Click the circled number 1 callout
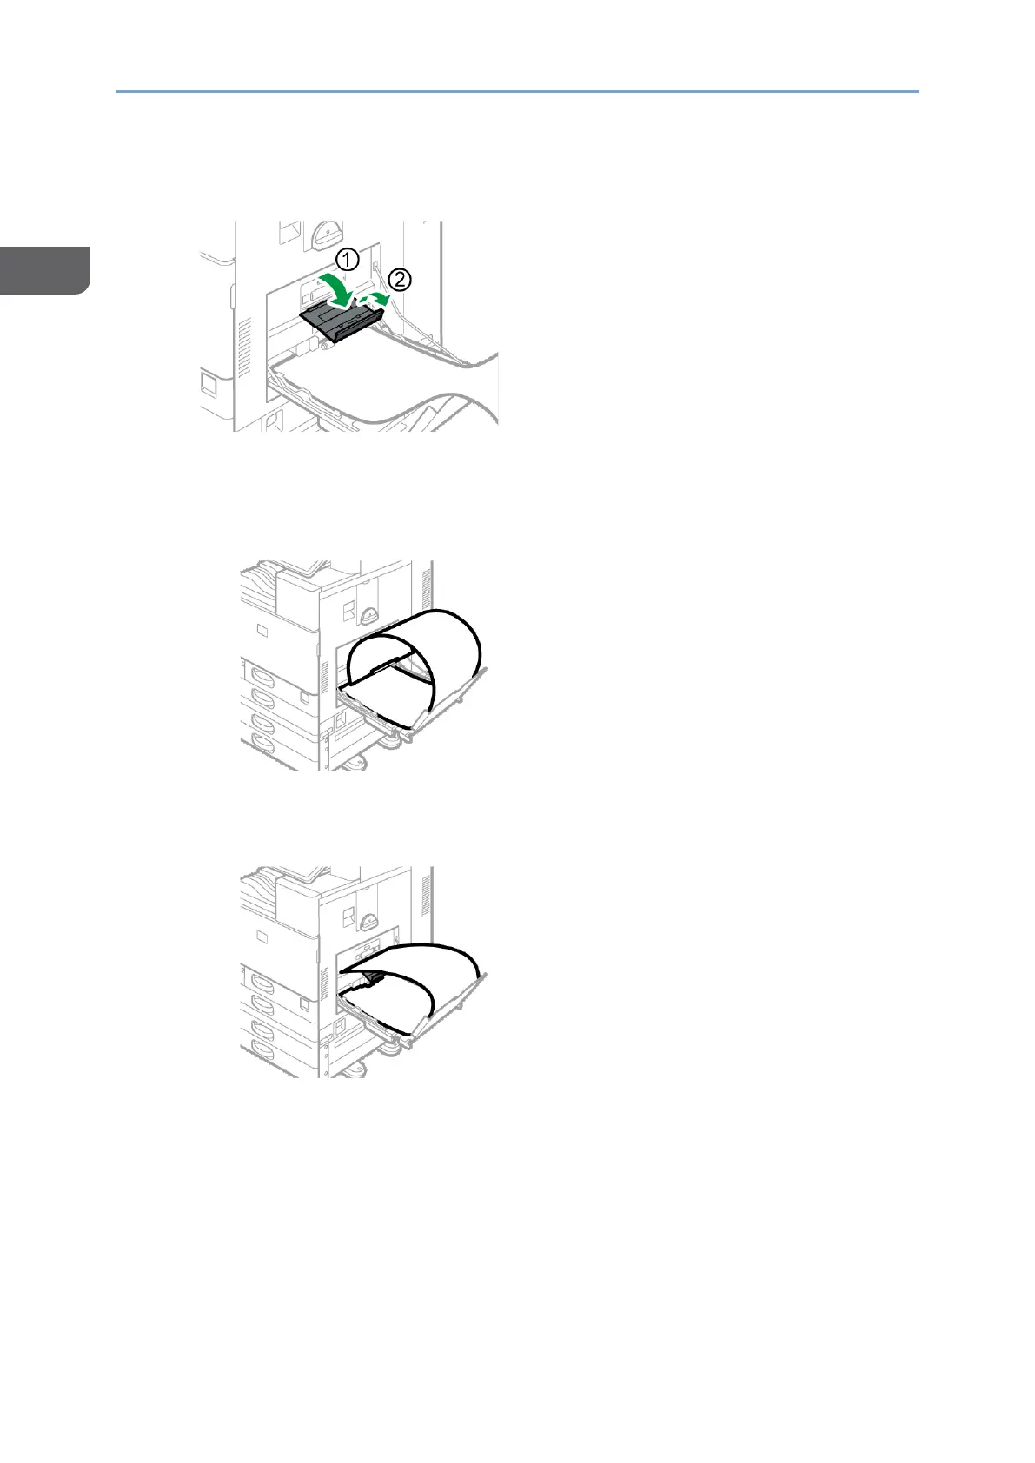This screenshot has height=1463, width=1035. tap(347, 259)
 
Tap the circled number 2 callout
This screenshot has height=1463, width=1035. tap(400, 280)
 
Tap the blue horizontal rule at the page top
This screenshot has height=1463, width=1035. tap(517, 90)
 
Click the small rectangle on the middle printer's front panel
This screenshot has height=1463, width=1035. tap(262, 628)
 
